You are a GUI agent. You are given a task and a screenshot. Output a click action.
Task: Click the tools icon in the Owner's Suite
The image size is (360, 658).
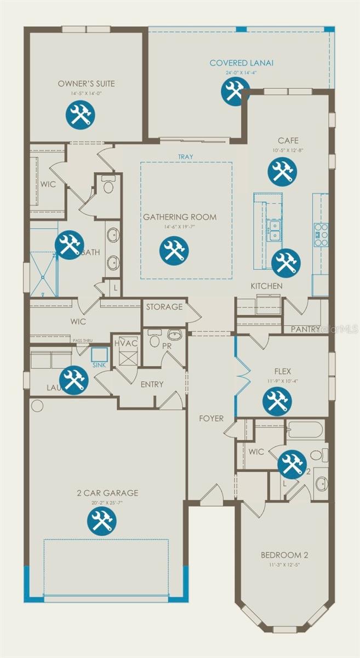(x=81, y=115)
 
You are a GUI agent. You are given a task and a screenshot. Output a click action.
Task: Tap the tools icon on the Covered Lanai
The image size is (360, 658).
(x=235, y=90)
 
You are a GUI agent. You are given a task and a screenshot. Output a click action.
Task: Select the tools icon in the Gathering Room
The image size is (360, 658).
(x=174, y=249)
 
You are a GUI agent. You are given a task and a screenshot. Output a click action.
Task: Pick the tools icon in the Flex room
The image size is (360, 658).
(x=277, y=401)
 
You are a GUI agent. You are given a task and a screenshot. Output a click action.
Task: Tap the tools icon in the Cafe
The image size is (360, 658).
(x=282, y=171)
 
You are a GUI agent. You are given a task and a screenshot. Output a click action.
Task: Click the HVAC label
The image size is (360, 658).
(x=125, y=343)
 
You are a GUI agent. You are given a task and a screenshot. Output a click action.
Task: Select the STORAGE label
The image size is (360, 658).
(x=164, y=307)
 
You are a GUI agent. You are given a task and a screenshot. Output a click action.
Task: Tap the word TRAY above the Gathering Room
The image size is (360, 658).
(x=185, y=157)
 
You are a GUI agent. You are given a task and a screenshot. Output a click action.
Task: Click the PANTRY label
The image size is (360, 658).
(x=305, y=329)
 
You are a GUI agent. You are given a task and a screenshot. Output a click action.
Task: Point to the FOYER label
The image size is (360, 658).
(x=212, y=418)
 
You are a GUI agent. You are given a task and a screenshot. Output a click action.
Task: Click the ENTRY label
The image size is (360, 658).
(x=152, y=384)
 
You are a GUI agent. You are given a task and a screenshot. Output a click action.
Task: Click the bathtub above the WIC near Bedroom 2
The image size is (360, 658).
(x=305, y=429)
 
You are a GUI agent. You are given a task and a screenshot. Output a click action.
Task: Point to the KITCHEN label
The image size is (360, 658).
(x=267, y=286)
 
